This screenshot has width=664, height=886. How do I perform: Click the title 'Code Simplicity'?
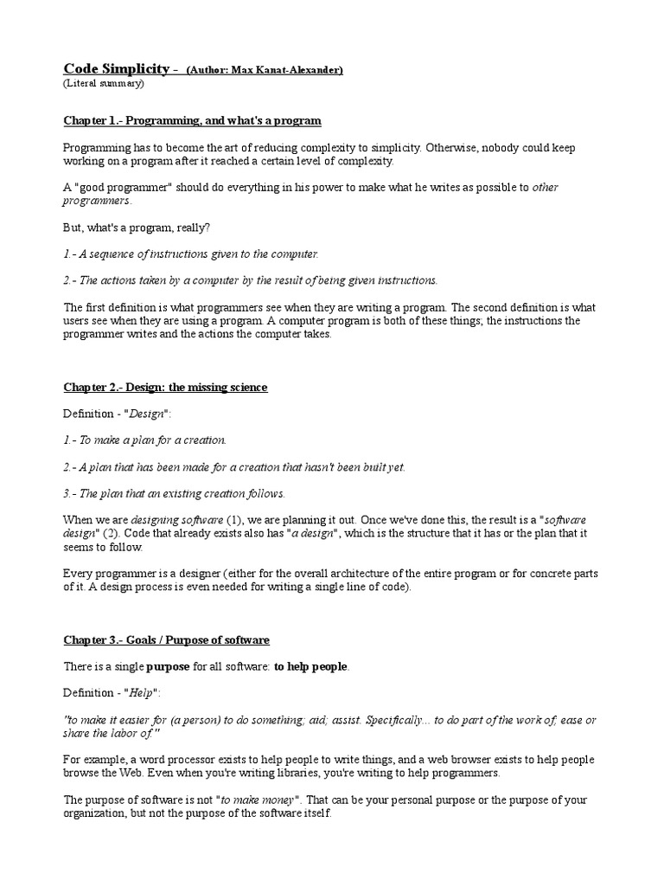118,68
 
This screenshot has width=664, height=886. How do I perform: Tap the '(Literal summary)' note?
104,84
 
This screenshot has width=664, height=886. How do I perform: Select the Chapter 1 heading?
192,119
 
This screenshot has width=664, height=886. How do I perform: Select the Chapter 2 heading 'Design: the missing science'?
165,387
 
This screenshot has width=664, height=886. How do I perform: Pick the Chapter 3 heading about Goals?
166,639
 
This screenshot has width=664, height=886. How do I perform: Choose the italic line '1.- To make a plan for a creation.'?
145,440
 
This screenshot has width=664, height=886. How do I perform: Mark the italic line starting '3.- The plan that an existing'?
174,493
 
